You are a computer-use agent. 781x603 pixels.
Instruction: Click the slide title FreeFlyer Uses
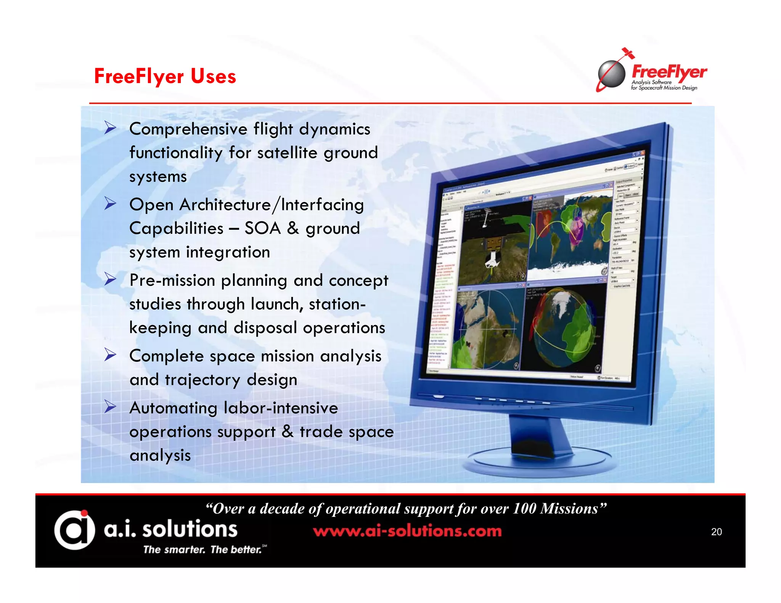pos(165,76)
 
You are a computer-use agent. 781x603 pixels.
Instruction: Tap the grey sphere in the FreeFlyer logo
pos(612,74)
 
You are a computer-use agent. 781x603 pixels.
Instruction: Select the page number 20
pos(716,532)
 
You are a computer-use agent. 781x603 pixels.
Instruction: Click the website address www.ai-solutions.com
pos(407,531)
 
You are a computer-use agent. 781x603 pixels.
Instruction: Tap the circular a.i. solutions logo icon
pos(74,530)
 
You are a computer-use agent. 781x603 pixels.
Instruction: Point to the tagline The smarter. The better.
pos(202,549)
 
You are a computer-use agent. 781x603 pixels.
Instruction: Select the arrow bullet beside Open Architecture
pos(110,204)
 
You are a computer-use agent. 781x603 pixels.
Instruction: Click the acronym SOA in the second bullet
pos(262,228)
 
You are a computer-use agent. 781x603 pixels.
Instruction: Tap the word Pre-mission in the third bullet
pos(172,281)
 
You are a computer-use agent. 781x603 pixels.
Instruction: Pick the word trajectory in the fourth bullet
pos(202,380)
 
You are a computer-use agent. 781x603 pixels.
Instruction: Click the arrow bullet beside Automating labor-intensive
pos(110,407)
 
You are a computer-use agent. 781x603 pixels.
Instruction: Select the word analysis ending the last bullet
pos(160,455)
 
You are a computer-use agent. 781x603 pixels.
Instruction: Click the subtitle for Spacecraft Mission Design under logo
pos(664,88)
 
